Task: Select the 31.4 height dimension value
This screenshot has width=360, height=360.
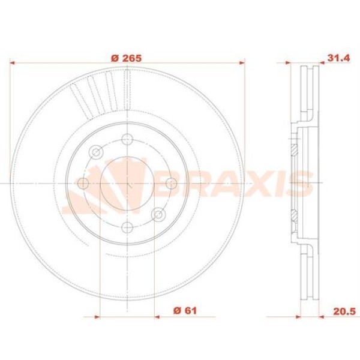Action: [338, 58]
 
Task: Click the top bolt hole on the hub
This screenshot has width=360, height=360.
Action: [127, 140]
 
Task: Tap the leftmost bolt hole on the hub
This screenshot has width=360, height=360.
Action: [83, 183]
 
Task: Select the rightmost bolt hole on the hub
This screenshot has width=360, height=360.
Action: [170, 183]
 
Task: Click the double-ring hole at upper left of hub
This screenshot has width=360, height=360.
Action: [96, 152]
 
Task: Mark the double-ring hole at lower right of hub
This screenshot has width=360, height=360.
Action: [158, 214]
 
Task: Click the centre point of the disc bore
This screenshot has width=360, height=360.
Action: [127, 183]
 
